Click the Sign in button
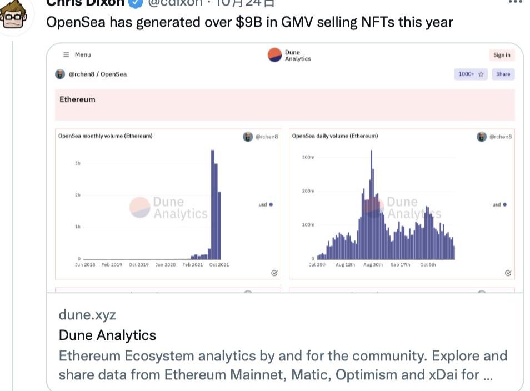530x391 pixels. (x=502, y=55)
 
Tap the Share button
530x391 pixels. (x=503, y=74)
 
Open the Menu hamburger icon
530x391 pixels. (x=66, y=54)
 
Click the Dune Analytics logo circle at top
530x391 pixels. (x=275, y=55)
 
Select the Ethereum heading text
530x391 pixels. (x=77, y=99)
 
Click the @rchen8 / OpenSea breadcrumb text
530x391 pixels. (x=97, y=74)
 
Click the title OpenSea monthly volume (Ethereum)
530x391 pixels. (x=105, y=136)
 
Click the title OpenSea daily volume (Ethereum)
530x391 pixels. (x=335, y=136)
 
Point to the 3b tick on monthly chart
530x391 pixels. (x=77, y=163)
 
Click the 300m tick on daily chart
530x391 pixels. (x=308, y=157)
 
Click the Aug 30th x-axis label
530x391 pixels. (x=373, y=265)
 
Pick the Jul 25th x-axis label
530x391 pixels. (x=318, y=265)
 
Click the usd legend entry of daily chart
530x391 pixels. (x=499, y=204)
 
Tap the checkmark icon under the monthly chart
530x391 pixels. (x=274, y=273)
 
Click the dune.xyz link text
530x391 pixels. (x=87, y=314)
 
